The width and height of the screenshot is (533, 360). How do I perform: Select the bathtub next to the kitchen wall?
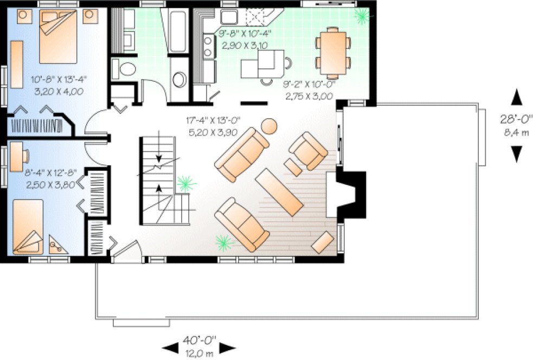pyautogui.click(x=177, y=30)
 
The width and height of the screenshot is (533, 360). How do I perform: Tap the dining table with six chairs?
pyautogui.click(x=332, y=52)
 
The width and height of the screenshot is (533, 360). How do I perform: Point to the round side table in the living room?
pyautogui.click(x=269, y=127)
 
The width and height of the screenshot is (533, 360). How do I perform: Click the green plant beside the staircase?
pyautogui.click(x=186, y=183)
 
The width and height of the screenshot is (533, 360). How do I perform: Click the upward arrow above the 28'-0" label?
pyautogui.click(x=517, y=98)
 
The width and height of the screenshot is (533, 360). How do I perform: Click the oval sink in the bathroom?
pyautogui.click(x=178, y=79)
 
